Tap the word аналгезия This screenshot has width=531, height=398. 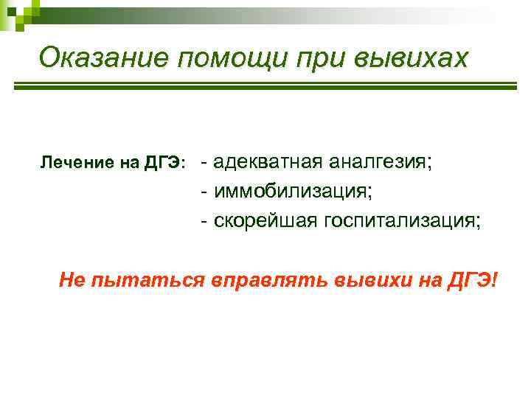pyautogui.click(x=380, y=162)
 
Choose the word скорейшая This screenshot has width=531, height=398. pyautogui.click(x=264, y=220)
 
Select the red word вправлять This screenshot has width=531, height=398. pyautogui.click(x=268, y=281)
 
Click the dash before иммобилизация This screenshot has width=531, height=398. pyautogui.click(x=204, y=192)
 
